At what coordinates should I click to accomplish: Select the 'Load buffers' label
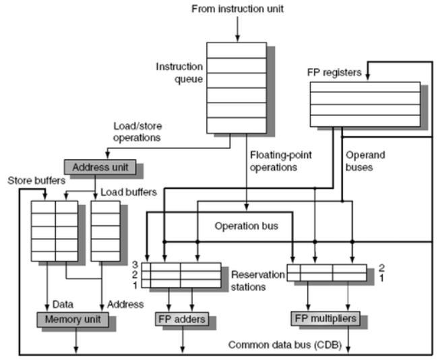pyautogui.click(x=134, y=192)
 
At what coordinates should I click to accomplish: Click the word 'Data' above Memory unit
pyautogui.click(x=63, y=304)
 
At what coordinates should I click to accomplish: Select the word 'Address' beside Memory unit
pyautogui.click(x=127, y=304)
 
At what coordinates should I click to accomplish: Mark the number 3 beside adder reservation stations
pyautogui.click(x=135, y=265)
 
